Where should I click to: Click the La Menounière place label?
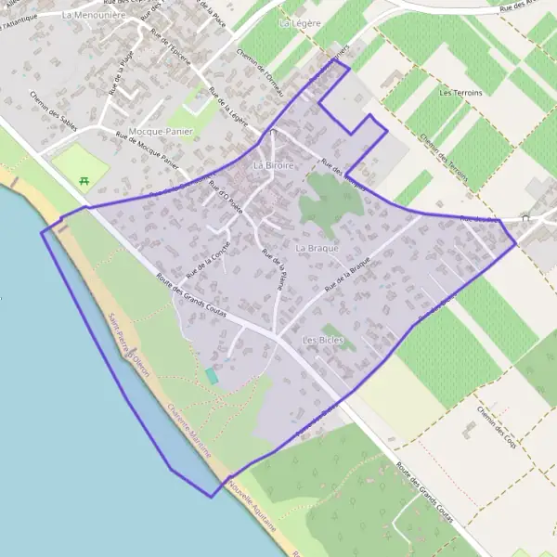tap(93, 16)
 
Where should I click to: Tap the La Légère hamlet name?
tap(298, 19)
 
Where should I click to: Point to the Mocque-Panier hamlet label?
tap(161, 132)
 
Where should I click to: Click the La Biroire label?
tap(273, 164)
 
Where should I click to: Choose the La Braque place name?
tap(314, 249)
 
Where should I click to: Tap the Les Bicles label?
tap(323, 341)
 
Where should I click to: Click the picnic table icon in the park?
tap(84, 180)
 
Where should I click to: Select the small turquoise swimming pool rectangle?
tap(213, 376)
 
